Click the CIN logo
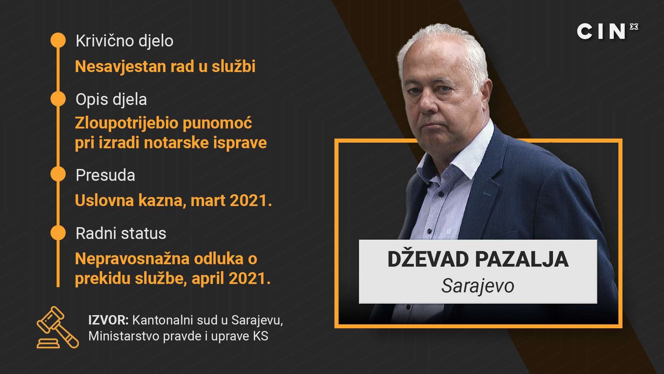608,31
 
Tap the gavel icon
58,327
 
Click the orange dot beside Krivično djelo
58,40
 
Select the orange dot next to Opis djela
58,99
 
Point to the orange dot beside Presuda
58,174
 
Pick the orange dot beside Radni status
58,233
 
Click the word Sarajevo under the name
478,286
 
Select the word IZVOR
108,320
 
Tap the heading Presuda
105,175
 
